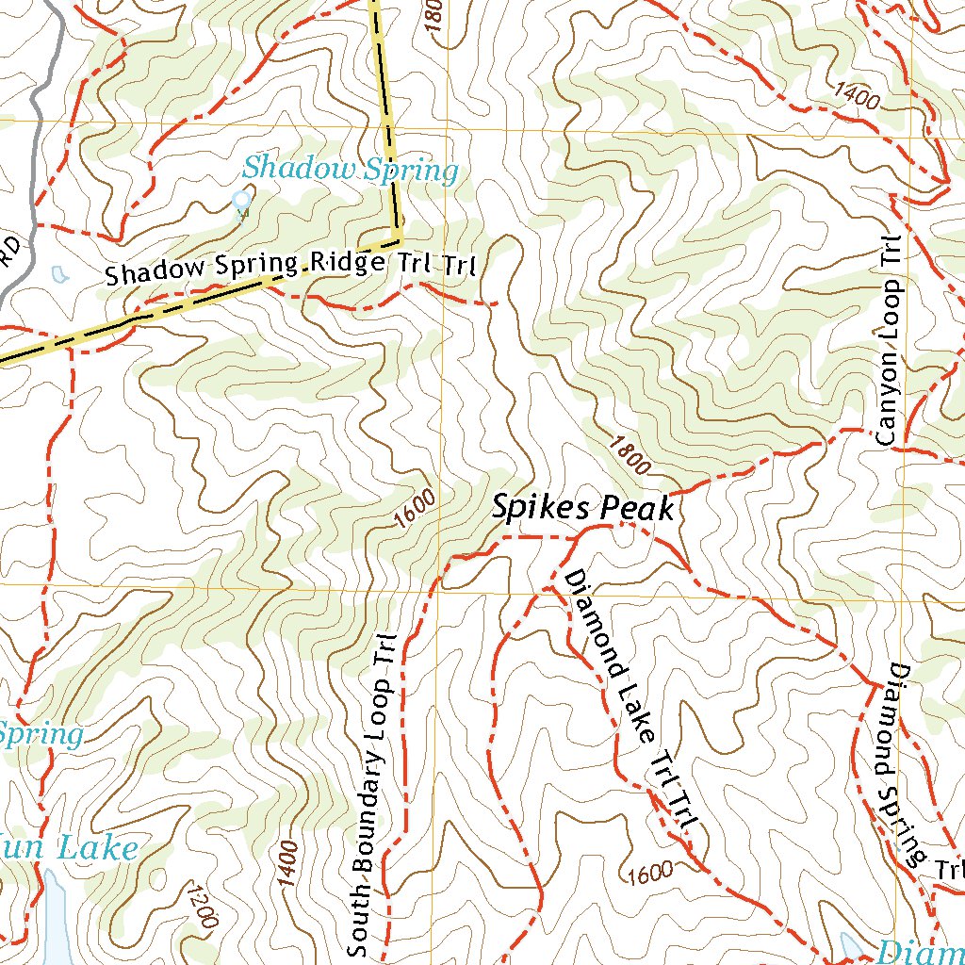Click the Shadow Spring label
(351, 171)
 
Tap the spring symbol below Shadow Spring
(242, 201)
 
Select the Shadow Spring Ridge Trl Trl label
(292, 265)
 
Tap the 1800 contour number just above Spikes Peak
(630, 454)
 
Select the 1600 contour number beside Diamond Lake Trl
(648, 871)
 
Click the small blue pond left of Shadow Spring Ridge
(59, 274)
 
